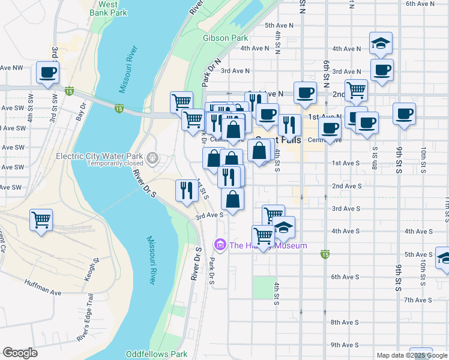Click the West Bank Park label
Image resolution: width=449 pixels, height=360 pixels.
[x=108, y=8]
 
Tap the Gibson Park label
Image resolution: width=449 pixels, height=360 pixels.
[x=225, y=38]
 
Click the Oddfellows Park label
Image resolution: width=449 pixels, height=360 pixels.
[x=157, y=355]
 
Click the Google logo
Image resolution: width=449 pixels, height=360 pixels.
[x=20, y=353]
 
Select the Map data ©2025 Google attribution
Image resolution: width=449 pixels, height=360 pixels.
[x=412, y=355]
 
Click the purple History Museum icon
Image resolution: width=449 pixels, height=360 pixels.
[x=220, y=245]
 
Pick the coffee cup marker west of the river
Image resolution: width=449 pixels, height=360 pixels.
[x=48, y=73]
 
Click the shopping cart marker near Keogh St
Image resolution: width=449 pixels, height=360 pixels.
[x=41, y=220]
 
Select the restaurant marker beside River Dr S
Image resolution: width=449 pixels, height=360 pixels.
[x=187, y=190]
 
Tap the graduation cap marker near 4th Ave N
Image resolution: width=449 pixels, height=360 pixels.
[x=381, y=43]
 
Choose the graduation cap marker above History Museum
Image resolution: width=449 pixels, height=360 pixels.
[x=284, y=227]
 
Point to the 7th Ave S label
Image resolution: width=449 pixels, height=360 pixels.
[x=348, y=300]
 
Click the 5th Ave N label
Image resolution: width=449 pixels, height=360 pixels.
[x=279, y=25]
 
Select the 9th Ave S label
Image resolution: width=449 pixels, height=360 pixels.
[x=345, y=345]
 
